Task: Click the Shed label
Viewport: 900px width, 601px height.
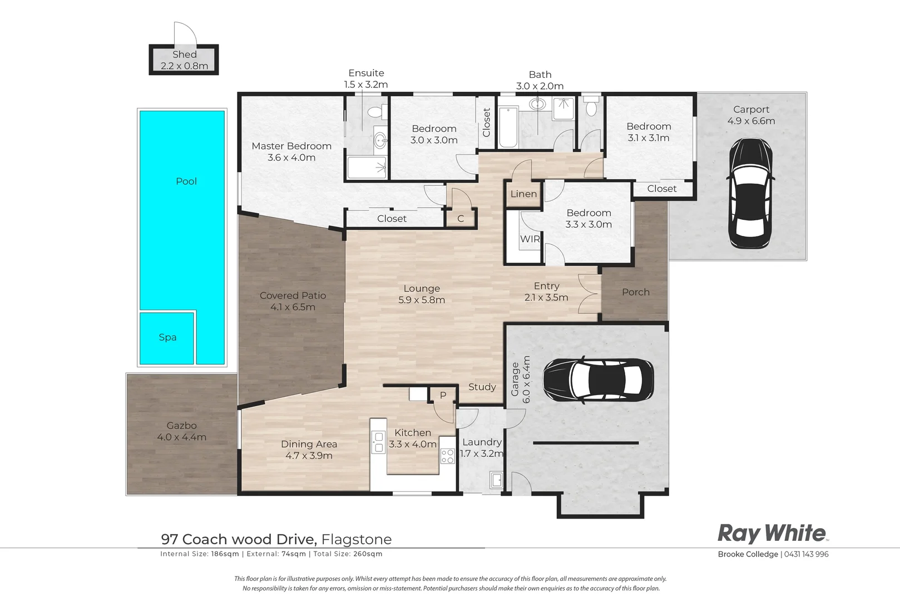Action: coord(185,55)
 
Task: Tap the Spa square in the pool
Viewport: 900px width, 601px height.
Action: coord(167,338)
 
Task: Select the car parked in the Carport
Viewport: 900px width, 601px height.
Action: coord(750,193)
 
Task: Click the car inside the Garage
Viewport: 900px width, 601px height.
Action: coord(599,380)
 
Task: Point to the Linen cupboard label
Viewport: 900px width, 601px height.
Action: coord(523,194)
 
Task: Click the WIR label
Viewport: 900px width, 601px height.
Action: coord(530,239)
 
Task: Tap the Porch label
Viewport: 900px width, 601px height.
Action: coord(636,292)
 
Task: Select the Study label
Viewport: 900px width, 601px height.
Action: coord(482,387)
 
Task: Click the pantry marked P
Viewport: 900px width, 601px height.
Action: coord(443,395)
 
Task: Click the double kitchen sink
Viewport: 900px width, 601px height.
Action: coord(378,442)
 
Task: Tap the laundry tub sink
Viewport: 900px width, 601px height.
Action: coord(497,480)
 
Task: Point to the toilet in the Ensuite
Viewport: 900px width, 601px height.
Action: coord(377,112)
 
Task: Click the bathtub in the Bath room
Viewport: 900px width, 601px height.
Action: coord(508,127)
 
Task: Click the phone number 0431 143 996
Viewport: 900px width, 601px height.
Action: coord(806,554)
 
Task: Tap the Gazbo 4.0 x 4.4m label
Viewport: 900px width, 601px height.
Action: coord(181,431)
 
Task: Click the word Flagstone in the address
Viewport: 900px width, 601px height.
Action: coord(357,539)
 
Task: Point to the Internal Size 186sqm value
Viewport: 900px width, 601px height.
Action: coord(225,554)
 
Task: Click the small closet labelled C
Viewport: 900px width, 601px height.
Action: coord(461,218)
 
